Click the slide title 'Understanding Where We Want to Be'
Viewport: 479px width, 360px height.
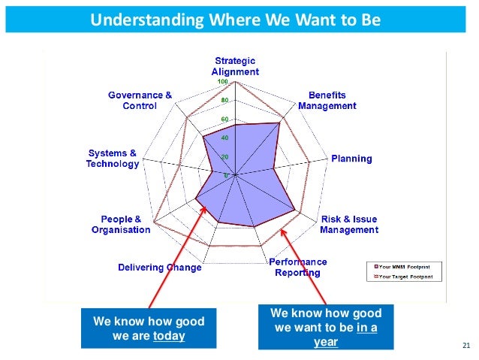[236, 18]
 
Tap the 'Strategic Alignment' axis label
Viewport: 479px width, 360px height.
[235, 66]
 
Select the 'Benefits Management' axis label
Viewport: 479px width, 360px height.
[327, 101]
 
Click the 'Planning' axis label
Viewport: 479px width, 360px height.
[352, 159]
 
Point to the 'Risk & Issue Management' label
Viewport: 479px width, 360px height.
[349, 224]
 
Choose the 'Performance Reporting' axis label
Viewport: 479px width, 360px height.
[297, 267]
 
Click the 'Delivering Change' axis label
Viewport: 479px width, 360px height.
[160, 268]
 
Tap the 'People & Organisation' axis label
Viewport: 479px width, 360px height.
[121, 224]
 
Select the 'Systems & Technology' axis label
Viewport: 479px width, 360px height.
[113, 159]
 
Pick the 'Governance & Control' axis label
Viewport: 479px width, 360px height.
[140, 101]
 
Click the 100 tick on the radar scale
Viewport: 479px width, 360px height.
[224, 82]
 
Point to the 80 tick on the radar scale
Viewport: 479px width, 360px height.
[225, 101]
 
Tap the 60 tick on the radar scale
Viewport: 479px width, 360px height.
[225, 119]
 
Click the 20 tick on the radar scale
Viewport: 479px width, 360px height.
[225, 157]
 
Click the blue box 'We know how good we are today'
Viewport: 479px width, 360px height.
[148, 328]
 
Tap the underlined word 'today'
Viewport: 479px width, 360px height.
[169, 336]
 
